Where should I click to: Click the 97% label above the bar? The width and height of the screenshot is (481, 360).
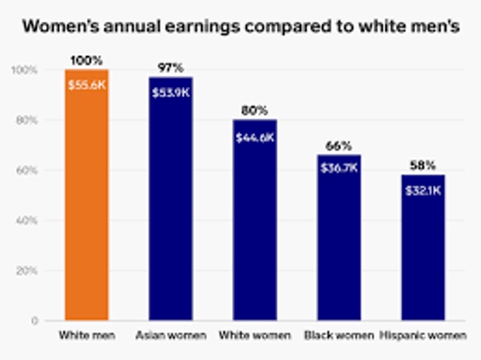pyautogui.click(x=170, y=68)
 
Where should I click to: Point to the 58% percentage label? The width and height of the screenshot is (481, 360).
pyautogui.click(x=423, y=166)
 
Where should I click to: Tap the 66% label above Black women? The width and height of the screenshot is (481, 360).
pyautogui.click(x=339, y=146)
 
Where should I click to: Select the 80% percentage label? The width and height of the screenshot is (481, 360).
pyautogui.click(x=254, y=111)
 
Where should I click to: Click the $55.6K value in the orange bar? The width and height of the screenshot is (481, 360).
pyautogui.click(x=86, y=85)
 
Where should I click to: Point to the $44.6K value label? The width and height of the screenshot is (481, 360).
pyautogui.click(x=254, y=137)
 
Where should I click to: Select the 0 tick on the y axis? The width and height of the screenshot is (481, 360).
pyautogui.click(x=35, y=320)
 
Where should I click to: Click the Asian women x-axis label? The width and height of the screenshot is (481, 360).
pyautogui.click(x=170, y=336)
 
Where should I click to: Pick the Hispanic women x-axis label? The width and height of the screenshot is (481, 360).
pyautogui.click(x=423, y=336)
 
